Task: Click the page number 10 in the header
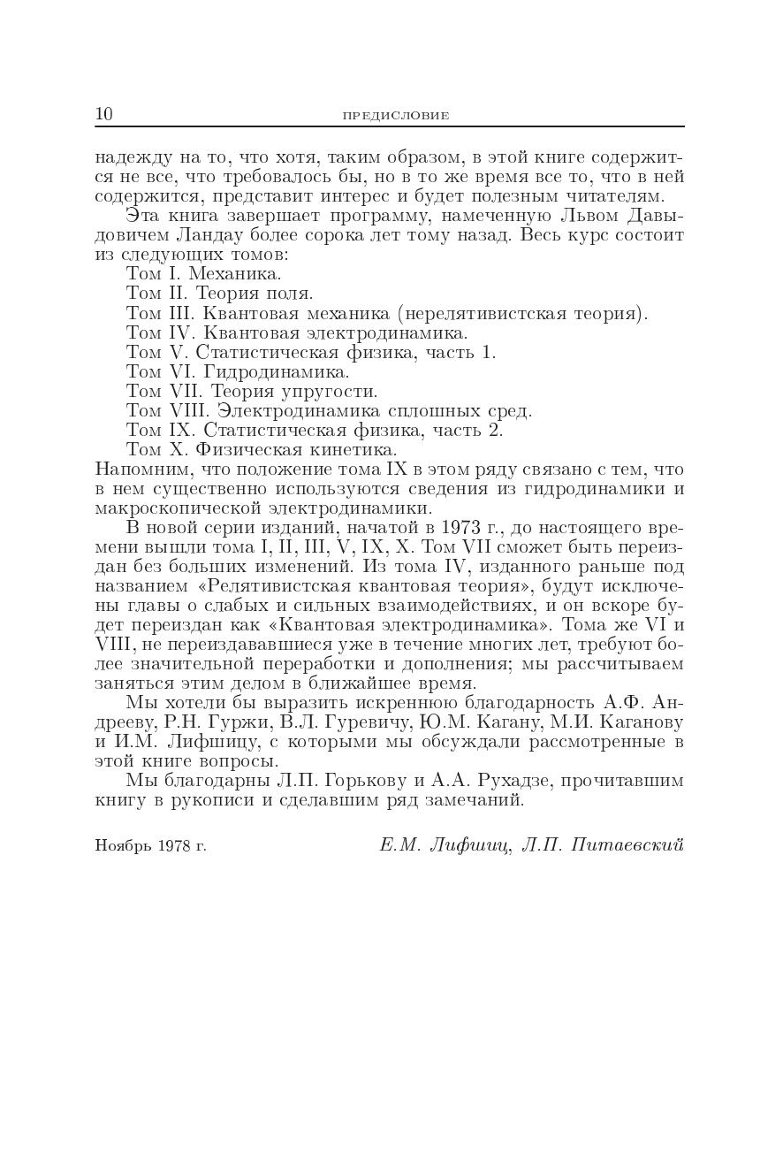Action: coord(103,114)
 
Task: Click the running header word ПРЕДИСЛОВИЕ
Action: coord(395,116)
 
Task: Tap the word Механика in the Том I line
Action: coord(234,274)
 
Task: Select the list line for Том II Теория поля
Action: coord(219,294)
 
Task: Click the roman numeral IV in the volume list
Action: coord(181,332)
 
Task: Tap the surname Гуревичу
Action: coord(361,722)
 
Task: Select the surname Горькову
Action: coord(353,781)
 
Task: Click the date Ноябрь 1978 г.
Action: coord(150,846)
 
